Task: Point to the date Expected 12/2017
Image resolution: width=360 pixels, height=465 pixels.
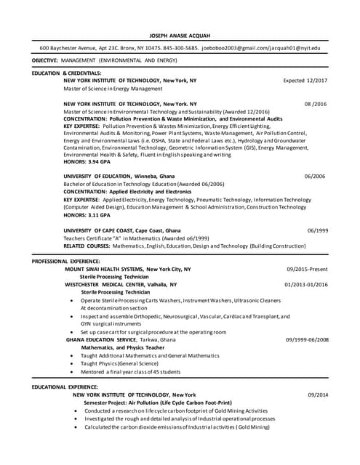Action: (305, 81)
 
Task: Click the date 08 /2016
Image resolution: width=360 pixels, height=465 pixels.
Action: (316, 105)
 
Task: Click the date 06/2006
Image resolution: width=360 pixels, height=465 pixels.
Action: (315, 177)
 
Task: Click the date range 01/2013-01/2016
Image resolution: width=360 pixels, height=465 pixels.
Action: (306, 284)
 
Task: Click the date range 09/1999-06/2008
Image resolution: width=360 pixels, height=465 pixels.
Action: (307, 339)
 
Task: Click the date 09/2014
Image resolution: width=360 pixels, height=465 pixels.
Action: (318, 395)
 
